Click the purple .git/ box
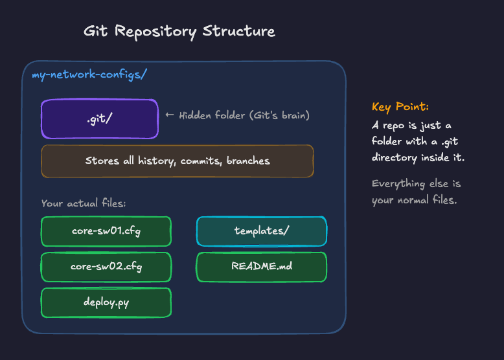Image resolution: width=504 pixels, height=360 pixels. (x=99, y=118)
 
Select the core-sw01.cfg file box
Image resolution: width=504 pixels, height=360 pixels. (x=106, y=231)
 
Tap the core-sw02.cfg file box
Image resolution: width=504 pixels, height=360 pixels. (x=106, y=267)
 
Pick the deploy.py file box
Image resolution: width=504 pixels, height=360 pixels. (x=106, y=302)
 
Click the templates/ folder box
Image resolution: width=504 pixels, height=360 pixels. (x=261, y=231)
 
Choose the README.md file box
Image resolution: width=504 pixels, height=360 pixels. (x=261, y=267)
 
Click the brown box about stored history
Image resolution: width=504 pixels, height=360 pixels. (x=177, y=161)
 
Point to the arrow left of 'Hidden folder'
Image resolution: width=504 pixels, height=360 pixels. (x=170, y=115)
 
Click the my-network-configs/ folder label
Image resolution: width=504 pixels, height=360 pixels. (x=89, y=74)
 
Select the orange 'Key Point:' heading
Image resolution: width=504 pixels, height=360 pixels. (x=400, y=107)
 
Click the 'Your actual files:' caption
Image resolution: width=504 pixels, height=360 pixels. (x=84, y=203)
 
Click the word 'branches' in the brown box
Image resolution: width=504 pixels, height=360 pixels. (x=248, y=161)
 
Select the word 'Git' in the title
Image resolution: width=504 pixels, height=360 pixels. (x=96, y=31)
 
